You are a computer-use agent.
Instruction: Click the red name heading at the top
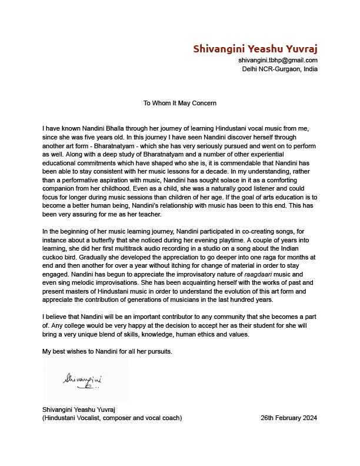[255, 48]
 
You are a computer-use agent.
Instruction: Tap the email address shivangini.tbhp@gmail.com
[278, 60]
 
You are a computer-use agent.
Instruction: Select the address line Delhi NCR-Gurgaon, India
[279, 68]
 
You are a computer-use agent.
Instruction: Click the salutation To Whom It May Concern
[180, 103]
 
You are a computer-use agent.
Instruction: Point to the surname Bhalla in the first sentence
[116, 128]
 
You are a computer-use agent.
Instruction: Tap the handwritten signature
[83, 381]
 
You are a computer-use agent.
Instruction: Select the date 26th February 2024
[289, 418]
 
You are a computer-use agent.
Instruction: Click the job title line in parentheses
[112, 418]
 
